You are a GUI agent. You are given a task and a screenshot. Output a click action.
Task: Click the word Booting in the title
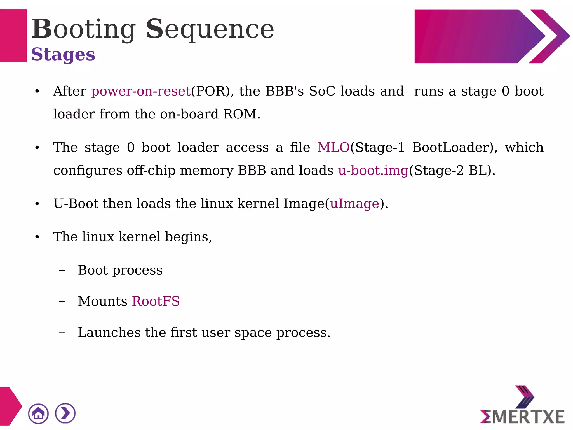coord(83,29)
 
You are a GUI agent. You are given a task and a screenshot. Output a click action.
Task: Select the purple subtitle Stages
coord(63,54)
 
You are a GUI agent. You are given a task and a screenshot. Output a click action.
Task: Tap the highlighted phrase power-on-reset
coord(141,91)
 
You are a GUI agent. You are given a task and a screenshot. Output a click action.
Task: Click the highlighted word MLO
coord(333,147)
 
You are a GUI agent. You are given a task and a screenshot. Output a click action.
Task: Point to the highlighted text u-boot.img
coord(373,170)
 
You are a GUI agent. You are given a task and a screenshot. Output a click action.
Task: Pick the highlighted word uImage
coord(354,204)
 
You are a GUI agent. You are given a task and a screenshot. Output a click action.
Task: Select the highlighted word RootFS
coord(156,301)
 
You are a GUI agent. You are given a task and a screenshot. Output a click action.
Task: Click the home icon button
coord(38,413)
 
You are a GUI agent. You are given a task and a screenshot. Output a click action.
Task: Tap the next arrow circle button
coord(65,413)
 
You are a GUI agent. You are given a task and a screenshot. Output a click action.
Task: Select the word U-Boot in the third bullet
coord(76,204)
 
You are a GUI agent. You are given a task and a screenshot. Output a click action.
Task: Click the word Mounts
coord(102,301)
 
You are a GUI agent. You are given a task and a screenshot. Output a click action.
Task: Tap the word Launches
coord(109,333)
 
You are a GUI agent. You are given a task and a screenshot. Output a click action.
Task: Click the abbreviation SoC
coord(322,91)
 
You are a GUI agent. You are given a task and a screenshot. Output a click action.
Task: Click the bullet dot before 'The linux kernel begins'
coord(37,237)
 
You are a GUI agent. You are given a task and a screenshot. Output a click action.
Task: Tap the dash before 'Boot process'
coord(62,270)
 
